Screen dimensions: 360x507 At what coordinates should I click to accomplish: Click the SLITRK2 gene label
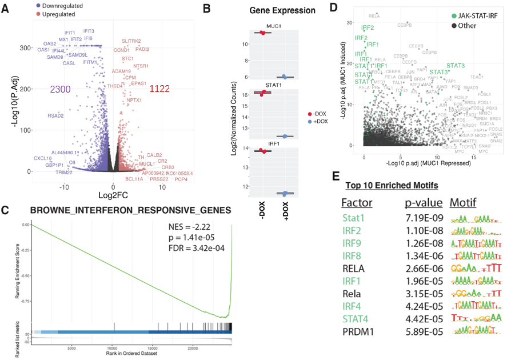pos(131,41)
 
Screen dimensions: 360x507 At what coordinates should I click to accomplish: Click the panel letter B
pos(207,9)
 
